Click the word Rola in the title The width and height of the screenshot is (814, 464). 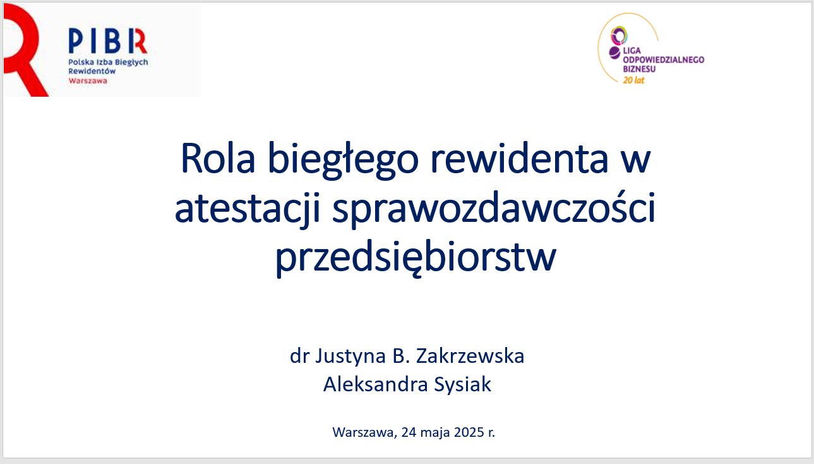pos(218,159)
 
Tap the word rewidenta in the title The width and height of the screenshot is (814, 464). pos(519,158)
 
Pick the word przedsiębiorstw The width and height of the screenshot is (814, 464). pos(416,257)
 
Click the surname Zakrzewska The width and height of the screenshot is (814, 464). pos(470,356)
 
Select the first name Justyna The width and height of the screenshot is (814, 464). pos(350,357)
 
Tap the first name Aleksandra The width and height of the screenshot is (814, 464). pos(375,384)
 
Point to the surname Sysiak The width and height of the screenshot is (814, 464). pos(463,385)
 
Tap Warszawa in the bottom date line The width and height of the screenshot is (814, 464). pos(364,432)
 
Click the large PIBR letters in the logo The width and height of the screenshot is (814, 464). pos(107,40)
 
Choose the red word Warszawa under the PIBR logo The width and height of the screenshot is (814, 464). pos(88,81)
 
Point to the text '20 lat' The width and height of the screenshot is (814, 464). pos(633,80)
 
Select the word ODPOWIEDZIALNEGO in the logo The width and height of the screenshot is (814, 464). pos(664,59)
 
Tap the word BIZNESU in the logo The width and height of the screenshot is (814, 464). pos(639,69)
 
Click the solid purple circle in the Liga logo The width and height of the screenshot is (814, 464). pos(614,53)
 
